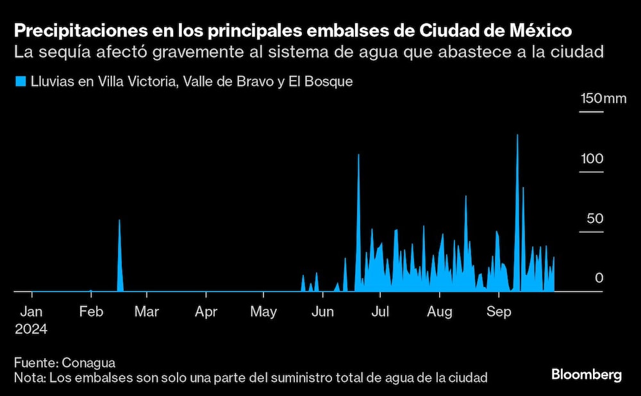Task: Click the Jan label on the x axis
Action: (31, 312)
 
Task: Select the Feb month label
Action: (91, 312)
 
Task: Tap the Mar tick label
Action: (147, 312)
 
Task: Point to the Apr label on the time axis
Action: (206, 312)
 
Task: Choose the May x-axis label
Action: (263, 312)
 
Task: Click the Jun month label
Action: (322, 312)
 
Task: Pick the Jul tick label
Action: (380, 312)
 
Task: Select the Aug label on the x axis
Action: (439, 312)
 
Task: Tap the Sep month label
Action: (499, 312)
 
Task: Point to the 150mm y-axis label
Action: (603, 99)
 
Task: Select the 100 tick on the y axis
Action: (592, 158)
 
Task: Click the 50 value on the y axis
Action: (595, 219)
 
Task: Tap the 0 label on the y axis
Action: (599, 278)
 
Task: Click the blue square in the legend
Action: (20, 81)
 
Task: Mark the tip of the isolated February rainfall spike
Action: (119, 220)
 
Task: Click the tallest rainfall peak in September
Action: (517, 135)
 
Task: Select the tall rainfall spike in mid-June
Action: (358, 155)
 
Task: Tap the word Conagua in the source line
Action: (83, 362)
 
